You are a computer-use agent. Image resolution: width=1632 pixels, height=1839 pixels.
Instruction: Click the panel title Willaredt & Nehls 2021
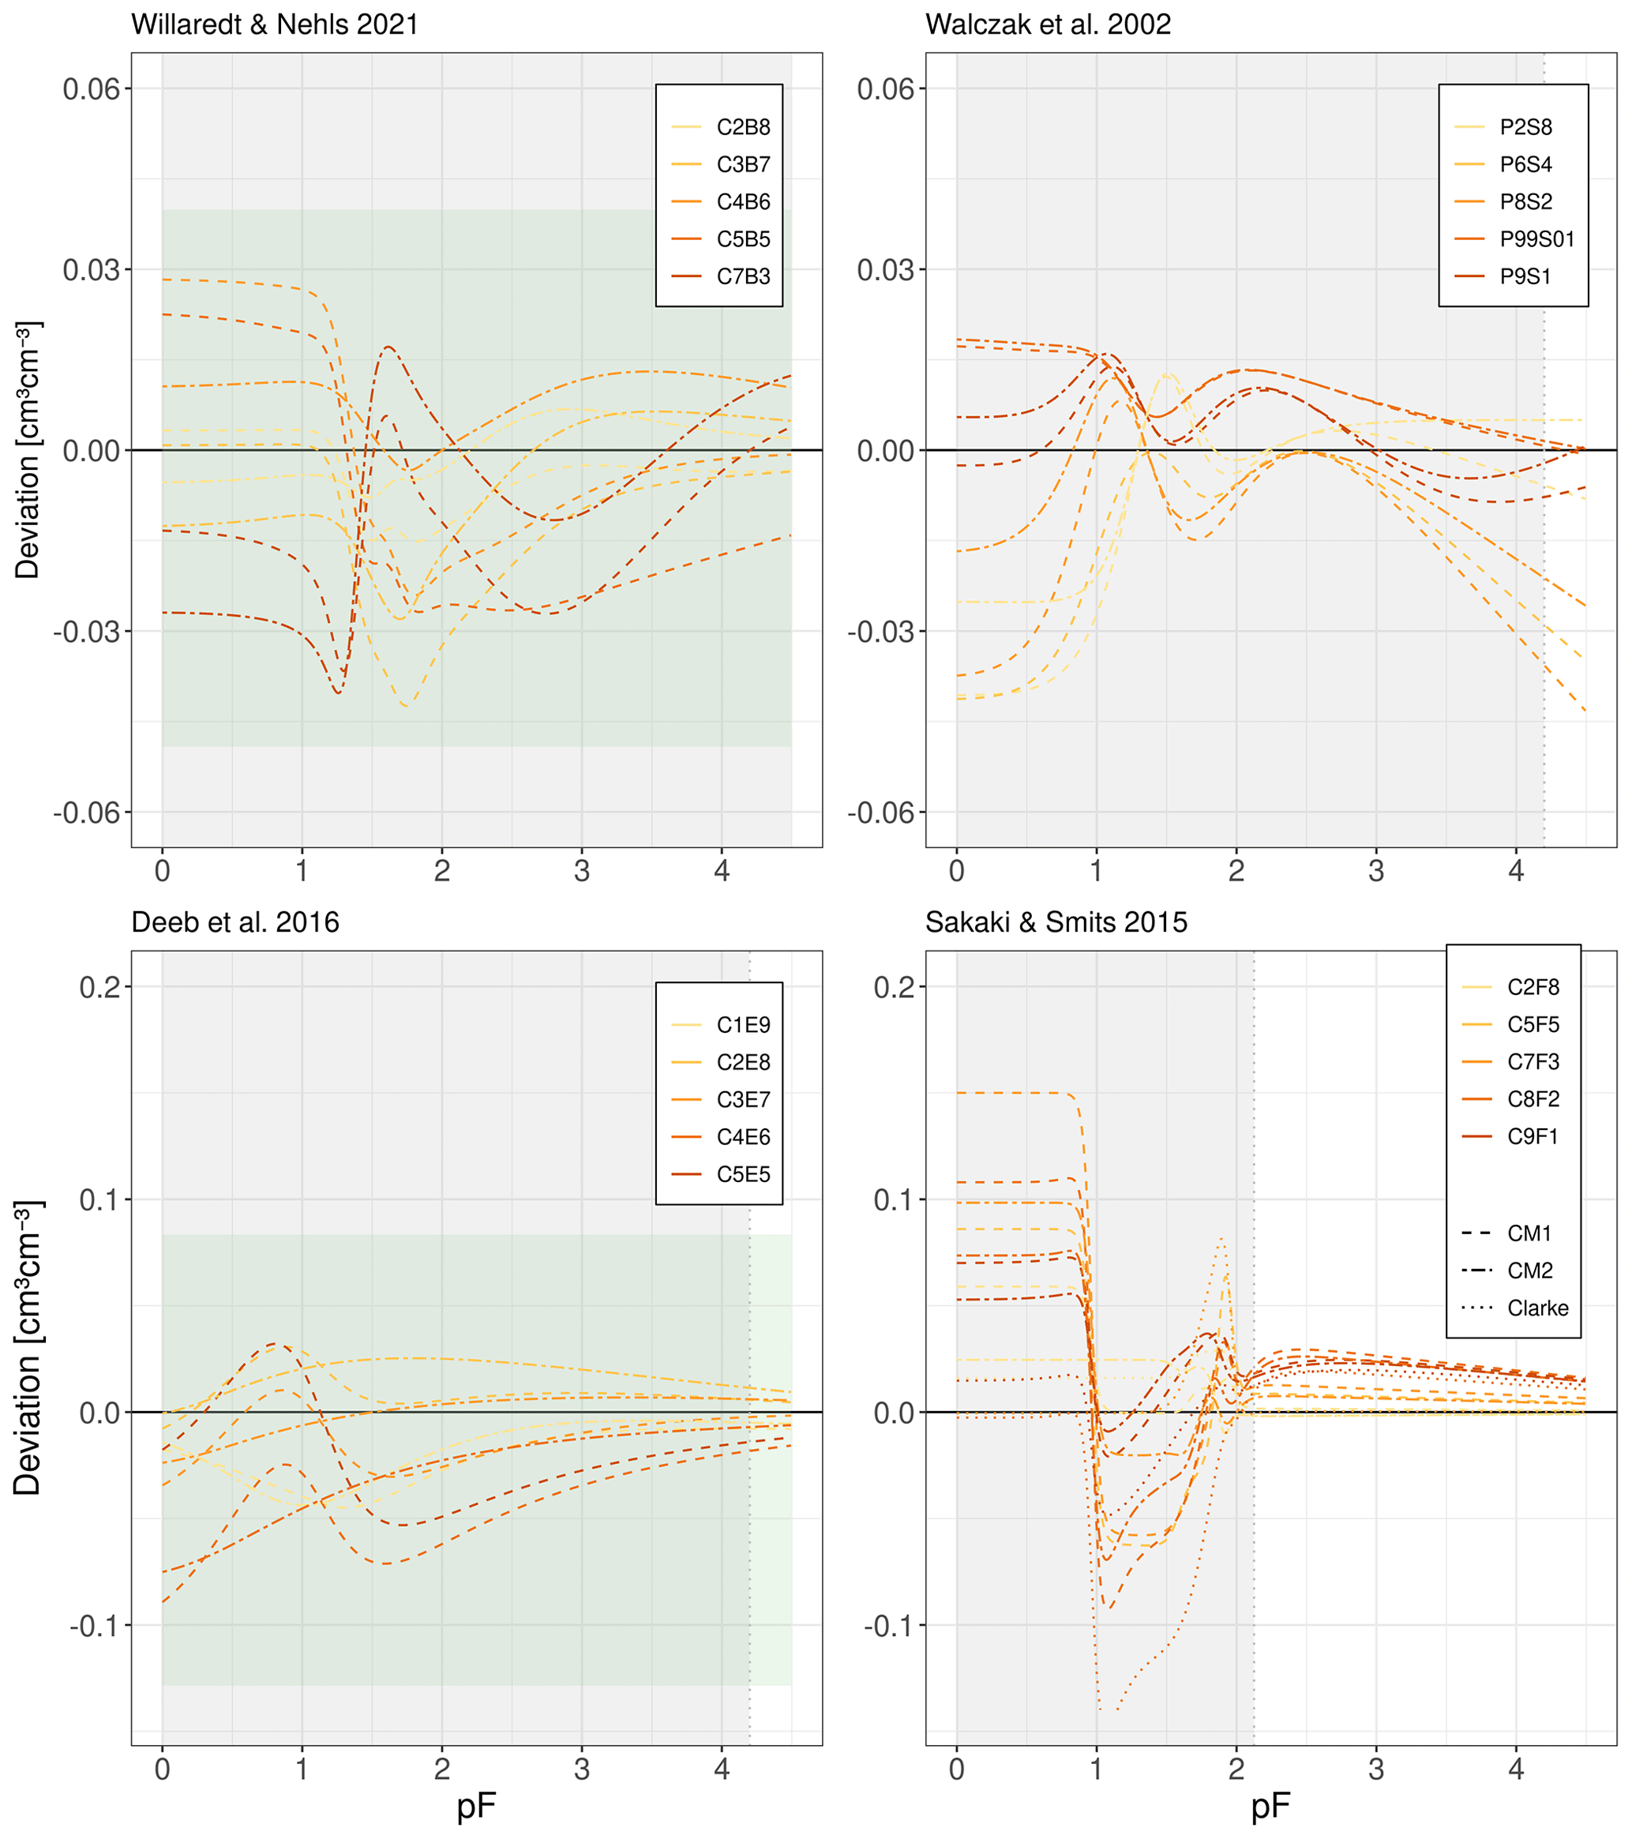point(275,24)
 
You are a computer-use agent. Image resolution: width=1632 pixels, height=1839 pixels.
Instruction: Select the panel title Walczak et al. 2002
point(1048,24)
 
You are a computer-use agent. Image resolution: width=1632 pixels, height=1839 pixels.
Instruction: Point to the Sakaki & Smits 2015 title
point(1056,922)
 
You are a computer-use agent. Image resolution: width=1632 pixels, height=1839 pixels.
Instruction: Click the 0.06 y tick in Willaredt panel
point(91,89)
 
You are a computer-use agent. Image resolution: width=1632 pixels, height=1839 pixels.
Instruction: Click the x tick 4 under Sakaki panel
point(1516,1770)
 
